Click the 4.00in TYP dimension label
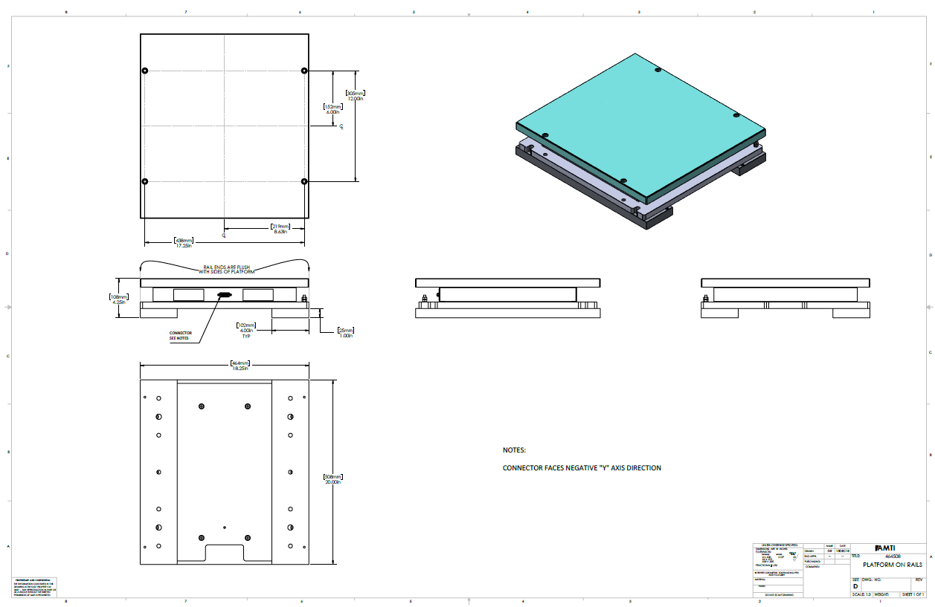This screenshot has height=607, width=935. (x=245, y=331)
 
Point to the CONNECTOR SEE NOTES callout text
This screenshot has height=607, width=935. (x=180, y=335)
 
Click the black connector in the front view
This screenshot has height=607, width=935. (x=222, y=295)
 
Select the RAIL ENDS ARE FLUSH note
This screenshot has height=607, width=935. (x=224, y=270)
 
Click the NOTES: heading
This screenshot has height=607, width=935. (x=514, y=450)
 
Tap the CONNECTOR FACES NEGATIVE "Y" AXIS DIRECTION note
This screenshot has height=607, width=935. (x=582, y=468)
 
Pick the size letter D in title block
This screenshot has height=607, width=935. (x=855, y=587)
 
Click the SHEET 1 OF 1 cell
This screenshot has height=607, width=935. (x=913, y=594)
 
